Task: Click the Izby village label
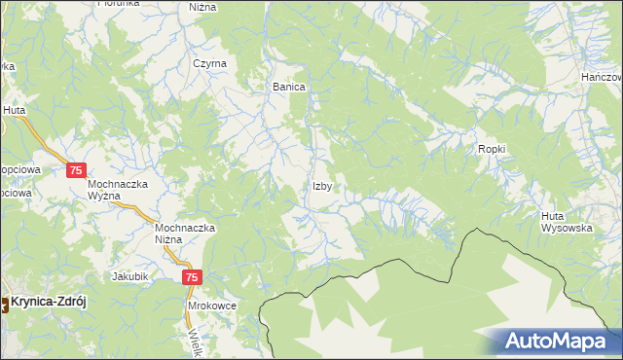[x=325, y=186]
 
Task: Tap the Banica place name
[x=289, y=87]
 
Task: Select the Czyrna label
[x=209, y=63]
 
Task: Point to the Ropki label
[x=493, y=148]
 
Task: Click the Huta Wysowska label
[x=568, y=221]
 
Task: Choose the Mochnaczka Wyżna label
[x=117, y=189]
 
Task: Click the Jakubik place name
[x=129, y=276]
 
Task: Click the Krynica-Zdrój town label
[x=49, y=302]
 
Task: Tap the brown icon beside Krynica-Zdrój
[x=3, y=303]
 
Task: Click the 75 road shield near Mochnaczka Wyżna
[x=79, y=170]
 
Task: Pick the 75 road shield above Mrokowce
[x=192, y=277]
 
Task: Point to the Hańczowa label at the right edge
[x=602, y=76]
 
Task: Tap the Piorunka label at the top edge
[x=120, y=4]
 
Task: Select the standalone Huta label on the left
[x=14, y=111]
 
